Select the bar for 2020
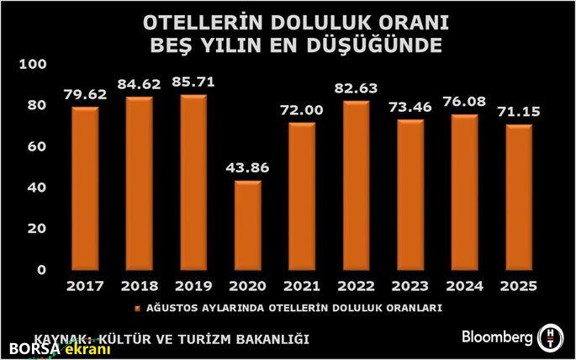coord(247,225)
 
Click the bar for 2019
coord(193,183)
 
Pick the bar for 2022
coord(357,185)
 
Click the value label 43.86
coord(247,167)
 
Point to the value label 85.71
coord(193,82)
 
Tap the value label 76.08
coord(465,102)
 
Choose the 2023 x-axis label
coord(410,286)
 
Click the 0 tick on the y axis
coord(40,270)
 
